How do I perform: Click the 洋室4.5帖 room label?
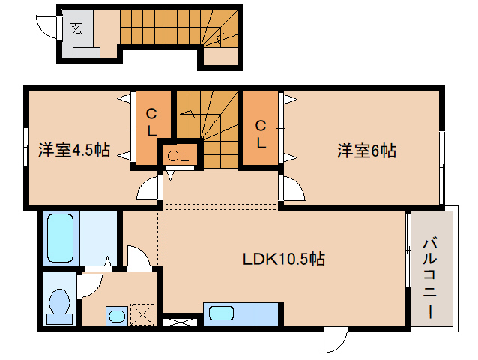pyautogui.click(x=74, y=151)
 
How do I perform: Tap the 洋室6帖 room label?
pyautogui.click(x=366, y=151)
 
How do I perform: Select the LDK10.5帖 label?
pyautogui.click(x=282, y=259)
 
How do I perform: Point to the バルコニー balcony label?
pyautogui.click(x=430, y=278)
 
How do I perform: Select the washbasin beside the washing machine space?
pyautogui.click(x=117, y=315)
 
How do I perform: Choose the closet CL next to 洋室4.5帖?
pyautogui.click(x=151, y=123)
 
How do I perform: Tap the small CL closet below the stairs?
pyautogui.click(x=178, y=156)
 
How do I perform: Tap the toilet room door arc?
pyautogui.click(x=90, y=284)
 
